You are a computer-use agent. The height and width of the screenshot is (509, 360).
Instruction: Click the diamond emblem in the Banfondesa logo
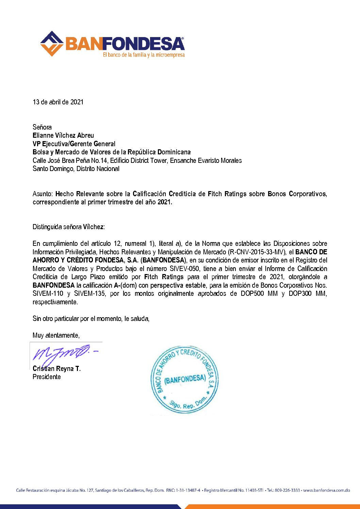coord(52,44)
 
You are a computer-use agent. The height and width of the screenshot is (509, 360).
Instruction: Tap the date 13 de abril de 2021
coord(58,102)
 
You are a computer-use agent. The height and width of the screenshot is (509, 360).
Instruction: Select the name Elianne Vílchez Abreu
coord(63,135)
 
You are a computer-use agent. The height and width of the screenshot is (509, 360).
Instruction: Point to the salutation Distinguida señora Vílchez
coord(68,227)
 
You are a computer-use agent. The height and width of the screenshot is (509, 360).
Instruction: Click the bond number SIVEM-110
coord(48,293)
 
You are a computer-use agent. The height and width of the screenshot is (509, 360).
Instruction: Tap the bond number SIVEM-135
coord(89,293)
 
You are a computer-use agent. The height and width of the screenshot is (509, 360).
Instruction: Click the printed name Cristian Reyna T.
coord(56,369)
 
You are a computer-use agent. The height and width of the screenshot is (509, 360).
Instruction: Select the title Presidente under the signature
coord(47,377)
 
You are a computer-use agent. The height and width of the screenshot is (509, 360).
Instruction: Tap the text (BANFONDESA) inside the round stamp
coord(185,379)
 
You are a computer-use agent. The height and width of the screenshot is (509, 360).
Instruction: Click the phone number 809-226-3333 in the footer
coord(288,490)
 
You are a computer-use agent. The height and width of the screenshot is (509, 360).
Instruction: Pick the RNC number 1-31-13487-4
coord(188,490)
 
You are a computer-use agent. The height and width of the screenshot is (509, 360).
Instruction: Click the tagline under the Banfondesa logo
coord(144,55)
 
